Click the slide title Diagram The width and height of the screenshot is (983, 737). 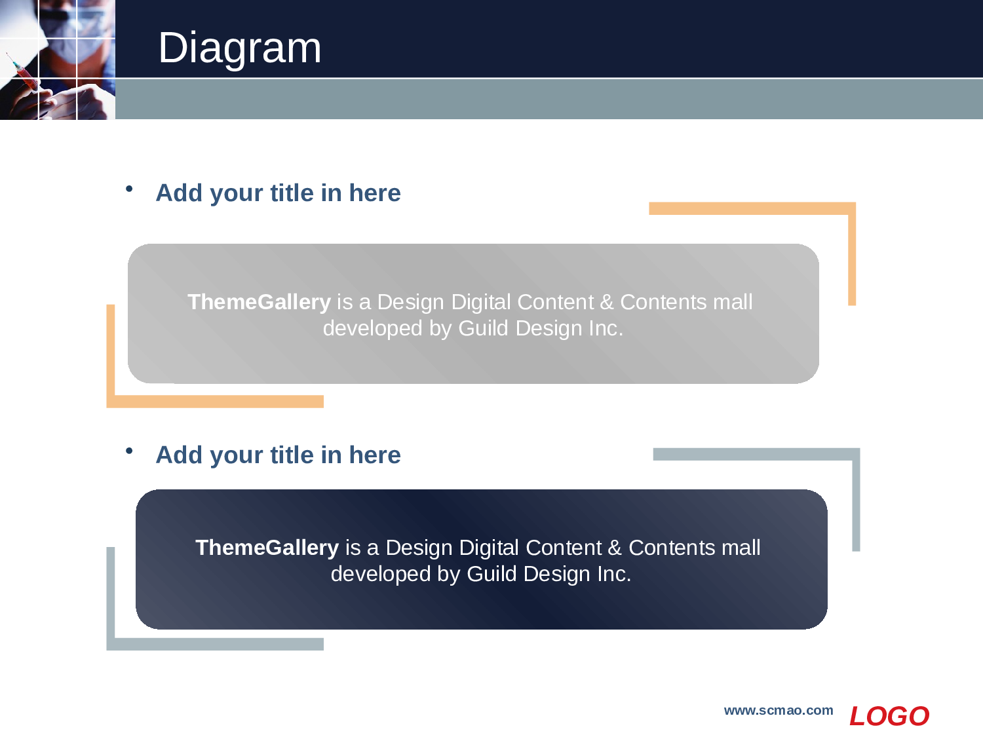coord(240,48)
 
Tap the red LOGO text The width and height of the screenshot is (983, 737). coord(889,716)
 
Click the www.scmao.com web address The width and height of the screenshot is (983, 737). coord(779,711)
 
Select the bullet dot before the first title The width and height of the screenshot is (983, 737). coord(129,189)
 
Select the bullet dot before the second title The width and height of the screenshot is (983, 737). coord(129,451)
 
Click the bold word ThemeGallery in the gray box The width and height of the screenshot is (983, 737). coord(259,301)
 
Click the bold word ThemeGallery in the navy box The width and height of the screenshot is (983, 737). coord(267,547)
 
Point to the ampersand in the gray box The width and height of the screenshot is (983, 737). coord(606,301)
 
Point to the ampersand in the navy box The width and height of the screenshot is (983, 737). coord(615,547)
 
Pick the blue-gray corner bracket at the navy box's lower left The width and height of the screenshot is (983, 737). coord(111,618)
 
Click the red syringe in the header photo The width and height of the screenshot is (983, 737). coord(22,74)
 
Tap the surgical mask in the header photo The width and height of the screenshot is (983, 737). coord(69,36)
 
